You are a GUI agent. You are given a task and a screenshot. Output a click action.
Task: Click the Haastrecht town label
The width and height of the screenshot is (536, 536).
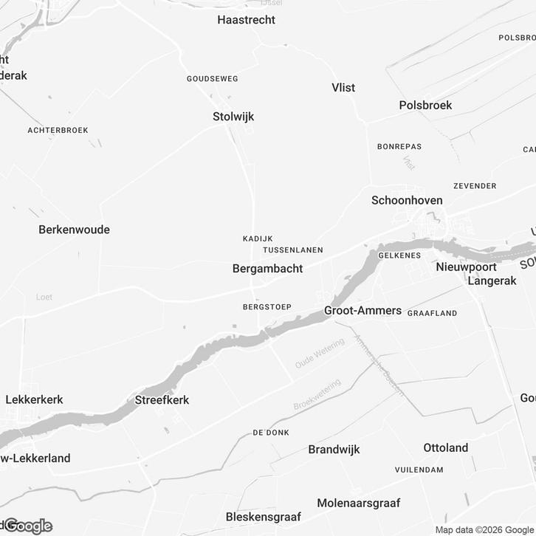(246, 20)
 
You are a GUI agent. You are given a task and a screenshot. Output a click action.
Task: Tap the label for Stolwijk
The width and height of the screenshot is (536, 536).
(233, 117)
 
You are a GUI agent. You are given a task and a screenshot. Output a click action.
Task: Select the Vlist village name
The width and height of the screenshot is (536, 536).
(343, 88)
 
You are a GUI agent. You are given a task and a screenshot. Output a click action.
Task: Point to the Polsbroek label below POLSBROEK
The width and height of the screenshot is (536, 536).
(425, 106)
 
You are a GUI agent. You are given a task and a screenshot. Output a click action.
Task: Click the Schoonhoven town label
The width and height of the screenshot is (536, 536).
(407, 201)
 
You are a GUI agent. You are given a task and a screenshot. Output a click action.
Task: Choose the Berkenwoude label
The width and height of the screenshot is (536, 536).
(74, 230)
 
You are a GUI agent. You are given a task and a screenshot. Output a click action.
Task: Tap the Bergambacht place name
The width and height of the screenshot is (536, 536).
(267, 269)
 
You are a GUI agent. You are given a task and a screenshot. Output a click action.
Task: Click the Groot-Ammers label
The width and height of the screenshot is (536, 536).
(363, 311)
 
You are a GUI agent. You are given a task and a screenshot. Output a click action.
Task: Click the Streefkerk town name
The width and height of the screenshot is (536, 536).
(162, 400)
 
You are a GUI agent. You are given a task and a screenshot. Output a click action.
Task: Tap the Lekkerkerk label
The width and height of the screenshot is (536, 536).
(34, 400)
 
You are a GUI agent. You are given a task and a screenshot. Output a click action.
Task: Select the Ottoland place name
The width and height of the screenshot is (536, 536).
(446, 448)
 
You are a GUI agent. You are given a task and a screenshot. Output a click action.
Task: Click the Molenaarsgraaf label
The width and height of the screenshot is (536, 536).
(358, 504)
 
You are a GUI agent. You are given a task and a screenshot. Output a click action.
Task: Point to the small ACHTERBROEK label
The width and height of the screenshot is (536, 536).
(58, 130)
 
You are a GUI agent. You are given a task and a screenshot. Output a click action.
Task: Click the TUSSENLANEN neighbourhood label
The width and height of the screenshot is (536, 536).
(292, 250)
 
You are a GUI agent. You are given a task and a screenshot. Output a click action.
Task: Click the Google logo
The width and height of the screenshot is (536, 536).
(28, 526)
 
